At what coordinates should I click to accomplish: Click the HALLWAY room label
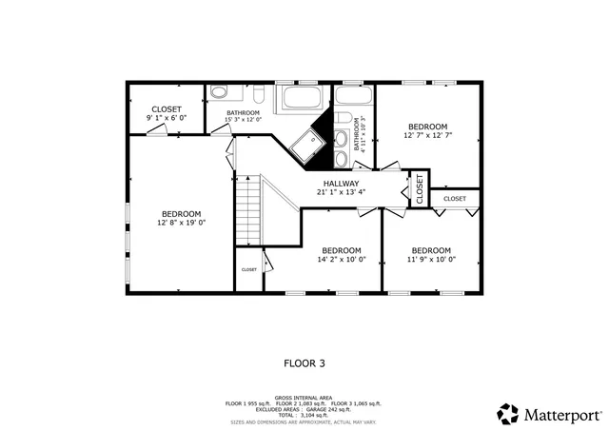point(340,184)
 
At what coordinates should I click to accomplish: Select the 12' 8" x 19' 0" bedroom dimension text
point(181,223)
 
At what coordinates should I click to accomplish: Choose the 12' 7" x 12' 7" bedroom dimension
point(427,135)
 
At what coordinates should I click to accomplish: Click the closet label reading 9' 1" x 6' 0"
point(167,117)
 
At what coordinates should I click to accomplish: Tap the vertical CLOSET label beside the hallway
point(419,189)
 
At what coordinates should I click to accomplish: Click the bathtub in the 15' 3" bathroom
point(301,99)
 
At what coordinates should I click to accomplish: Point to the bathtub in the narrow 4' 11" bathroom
point(352,98)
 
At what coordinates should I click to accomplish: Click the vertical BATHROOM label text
point(359,134)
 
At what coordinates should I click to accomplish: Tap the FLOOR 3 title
point(304,362)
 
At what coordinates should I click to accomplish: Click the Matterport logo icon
point(508,414)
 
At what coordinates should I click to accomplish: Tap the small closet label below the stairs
point(248,269)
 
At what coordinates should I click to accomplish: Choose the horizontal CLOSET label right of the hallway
point(455,199)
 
